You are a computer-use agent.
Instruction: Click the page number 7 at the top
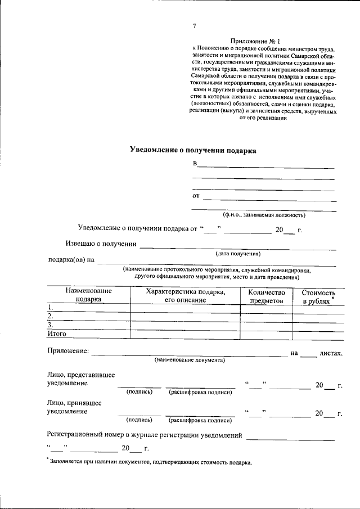coord(195,26)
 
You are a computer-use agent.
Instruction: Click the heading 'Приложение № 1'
coord(255,41)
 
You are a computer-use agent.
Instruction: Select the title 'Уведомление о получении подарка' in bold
coord(193,150)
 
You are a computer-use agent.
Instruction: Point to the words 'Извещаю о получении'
coord(101,244)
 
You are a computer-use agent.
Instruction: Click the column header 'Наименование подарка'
coord(88,295)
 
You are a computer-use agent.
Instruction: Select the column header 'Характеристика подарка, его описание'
coord(185,295)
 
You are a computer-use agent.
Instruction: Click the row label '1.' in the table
coord(51,308)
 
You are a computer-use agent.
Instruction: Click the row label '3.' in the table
coord(51,325)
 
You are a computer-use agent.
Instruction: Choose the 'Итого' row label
coord(57,334)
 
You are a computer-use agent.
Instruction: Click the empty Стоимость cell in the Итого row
coord(318,334)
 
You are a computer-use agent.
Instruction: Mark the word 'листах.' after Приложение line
coord(331,353)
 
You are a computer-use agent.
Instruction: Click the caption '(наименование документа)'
coord(190,360)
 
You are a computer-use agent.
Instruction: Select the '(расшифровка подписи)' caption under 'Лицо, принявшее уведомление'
coord(200,420)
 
